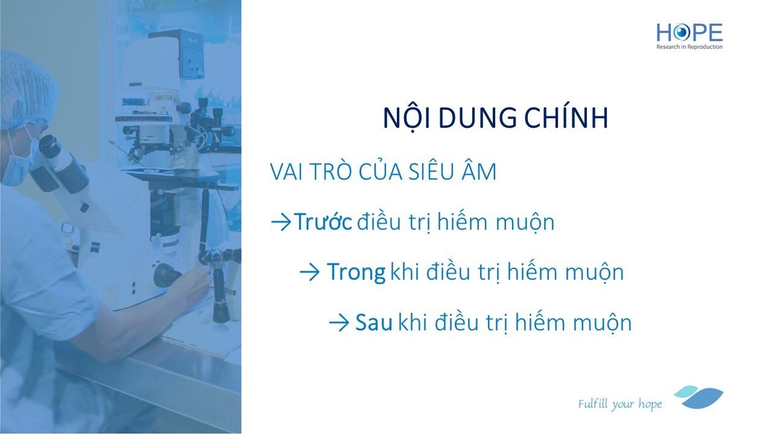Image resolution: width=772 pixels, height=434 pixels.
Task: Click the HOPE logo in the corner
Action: [689, 37]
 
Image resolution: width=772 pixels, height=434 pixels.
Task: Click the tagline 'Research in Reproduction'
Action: [689, 47]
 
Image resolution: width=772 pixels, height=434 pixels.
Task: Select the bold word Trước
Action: [324, 221]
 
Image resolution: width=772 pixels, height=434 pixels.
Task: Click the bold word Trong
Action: [356, 272]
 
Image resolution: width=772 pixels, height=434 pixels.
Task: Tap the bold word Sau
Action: [373, 322]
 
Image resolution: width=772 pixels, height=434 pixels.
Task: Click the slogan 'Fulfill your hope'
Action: [620, 404]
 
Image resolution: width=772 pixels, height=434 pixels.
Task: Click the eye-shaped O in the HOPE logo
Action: [681, 33]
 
